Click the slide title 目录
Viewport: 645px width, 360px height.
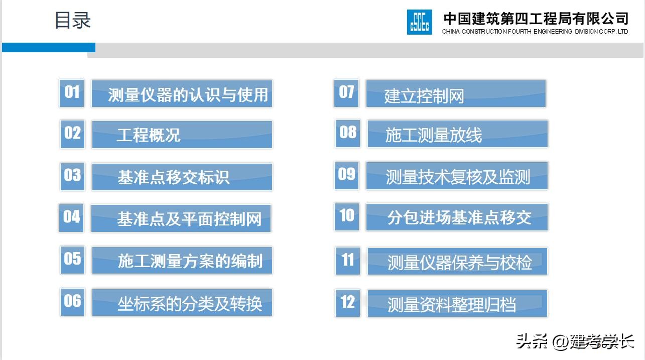point(73,21)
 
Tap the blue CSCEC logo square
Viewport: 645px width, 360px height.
point(419,22)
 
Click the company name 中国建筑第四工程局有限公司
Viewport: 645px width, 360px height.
point(536,19)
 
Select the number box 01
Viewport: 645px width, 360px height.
point(72,93)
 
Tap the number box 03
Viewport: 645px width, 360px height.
point(72,176)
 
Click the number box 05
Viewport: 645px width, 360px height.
point(72,260)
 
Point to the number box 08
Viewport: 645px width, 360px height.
point(348,133)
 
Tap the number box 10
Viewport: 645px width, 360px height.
point(347,216)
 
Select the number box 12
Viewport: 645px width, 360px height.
point(348,303)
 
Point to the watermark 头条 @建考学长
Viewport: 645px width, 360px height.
point(575,342)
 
